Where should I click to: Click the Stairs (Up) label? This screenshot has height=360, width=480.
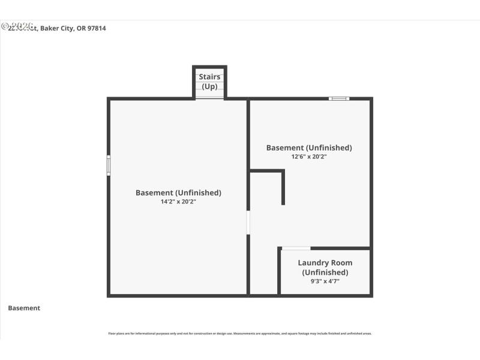209,82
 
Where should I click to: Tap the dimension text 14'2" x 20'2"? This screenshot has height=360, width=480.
178,202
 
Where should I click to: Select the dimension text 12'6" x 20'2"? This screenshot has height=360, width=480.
309,157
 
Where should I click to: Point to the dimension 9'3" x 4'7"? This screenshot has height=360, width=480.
325,281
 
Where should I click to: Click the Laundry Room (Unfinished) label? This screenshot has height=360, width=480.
325,268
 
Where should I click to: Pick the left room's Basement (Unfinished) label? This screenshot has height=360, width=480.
178,193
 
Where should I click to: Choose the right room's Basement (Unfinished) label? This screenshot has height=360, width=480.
309,148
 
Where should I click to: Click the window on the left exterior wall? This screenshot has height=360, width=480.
109,165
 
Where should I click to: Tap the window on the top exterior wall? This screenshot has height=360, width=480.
339,98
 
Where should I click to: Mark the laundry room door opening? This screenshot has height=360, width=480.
296,248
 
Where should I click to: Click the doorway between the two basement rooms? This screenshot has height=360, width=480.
248,222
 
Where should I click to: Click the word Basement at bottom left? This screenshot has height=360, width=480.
24,308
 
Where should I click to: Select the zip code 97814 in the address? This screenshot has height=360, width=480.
97,28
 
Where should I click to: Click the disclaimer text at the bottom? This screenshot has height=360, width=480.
239,333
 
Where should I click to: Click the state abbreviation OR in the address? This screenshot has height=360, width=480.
81,28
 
